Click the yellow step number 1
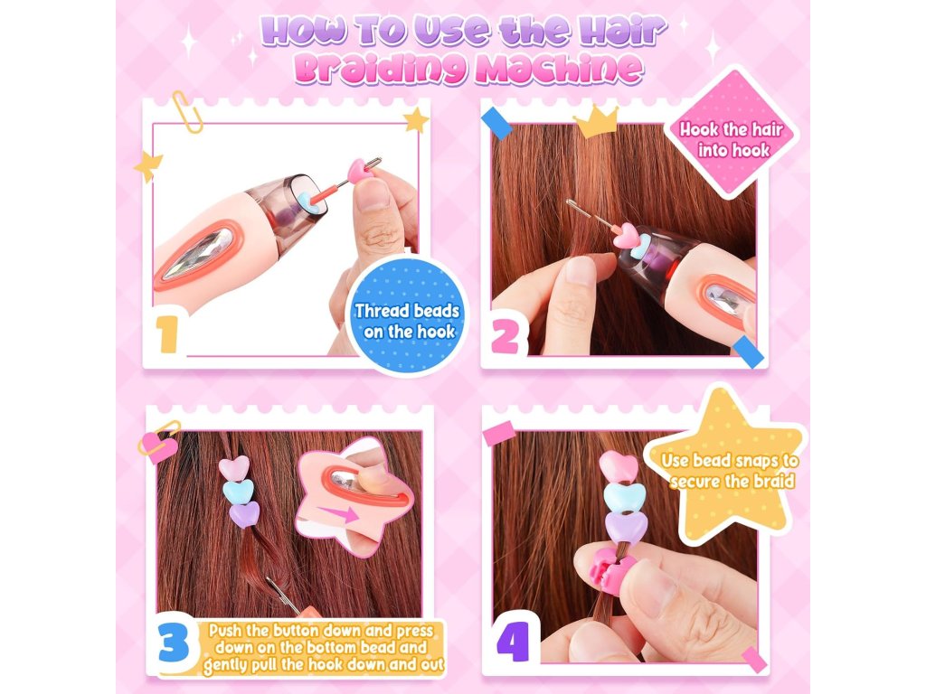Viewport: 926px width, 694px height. coord(167,334)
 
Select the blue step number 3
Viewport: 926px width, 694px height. coord(175,644)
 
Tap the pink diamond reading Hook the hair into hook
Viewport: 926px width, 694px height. coord(731,132)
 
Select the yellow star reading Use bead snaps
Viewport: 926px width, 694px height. coord(728,466)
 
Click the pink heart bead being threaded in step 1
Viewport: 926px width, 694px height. coord(360,170)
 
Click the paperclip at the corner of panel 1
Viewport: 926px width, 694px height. coord(188,111)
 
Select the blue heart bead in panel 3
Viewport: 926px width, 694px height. coord(239,491)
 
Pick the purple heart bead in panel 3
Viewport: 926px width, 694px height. coord(244,514)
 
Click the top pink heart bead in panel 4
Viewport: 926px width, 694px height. coord(619,466)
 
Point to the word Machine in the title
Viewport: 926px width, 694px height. coord(558,70)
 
